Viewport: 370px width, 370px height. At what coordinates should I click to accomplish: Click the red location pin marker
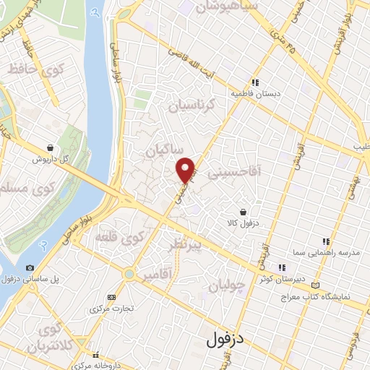186,169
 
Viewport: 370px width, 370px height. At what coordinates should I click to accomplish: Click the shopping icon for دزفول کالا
242,212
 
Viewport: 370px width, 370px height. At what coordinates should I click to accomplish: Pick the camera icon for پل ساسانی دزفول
30,267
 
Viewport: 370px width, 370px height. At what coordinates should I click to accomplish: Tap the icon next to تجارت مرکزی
111,297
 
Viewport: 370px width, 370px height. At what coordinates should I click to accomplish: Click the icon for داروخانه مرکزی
95,356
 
